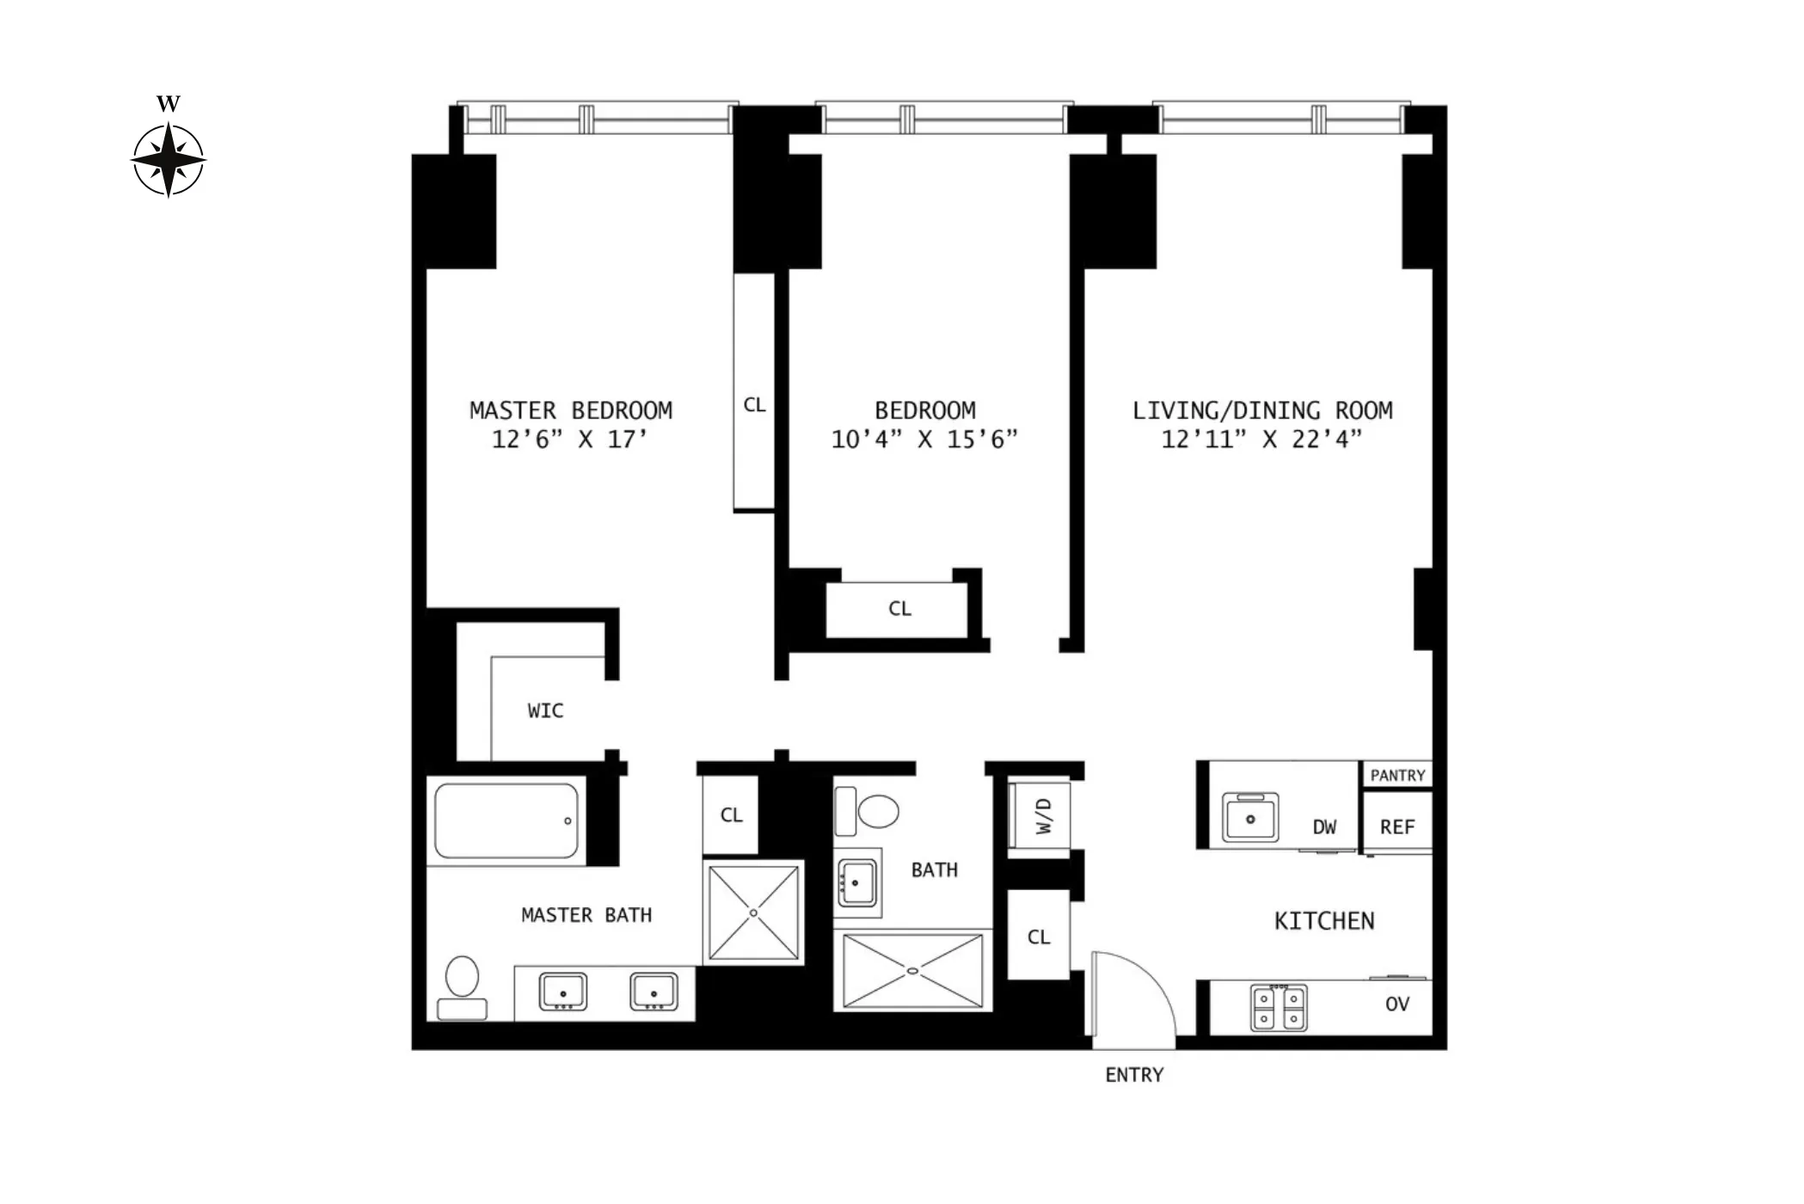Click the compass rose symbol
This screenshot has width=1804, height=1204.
coord(169,160)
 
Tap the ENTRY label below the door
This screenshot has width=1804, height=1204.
coord(1134,1075)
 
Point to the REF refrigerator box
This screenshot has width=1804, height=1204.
coord(1397,826)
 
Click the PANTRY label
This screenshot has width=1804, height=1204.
coord(1397,775)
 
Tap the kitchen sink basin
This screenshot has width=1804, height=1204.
coord(1250,818)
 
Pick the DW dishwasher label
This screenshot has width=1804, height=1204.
coord(1324,827)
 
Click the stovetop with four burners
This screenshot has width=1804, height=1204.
coord(1279,1008)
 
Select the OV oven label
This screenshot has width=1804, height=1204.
coord(1397,1004)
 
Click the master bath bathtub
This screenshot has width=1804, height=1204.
coord(506,820)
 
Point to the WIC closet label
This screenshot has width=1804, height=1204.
coord(545,710)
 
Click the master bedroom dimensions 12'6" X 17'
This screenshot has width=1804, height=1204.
coord(569,439)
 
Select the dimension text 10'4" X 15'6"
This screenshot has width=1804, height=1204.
coord(924,439)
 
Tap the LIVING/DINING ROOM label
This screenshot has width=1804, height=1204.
coord(1261,410)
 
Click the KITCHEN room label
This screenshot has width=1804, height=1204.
coord(1324,921)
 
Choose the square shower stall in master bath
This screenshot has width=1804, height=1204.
coord(753,912)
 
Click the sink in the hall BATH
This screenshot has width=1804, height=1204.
coord(856,882)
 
